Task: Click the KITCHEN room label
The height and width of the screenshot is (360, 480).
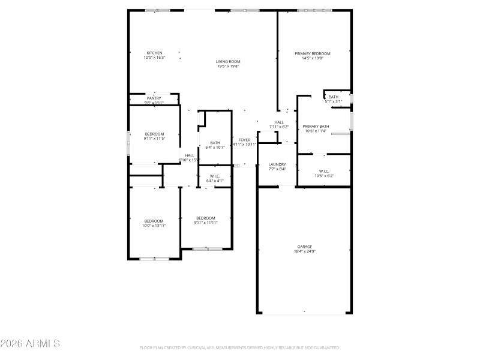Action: [154, 53]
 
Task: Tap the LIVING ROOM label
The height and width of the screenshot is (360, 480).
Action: [228, 61]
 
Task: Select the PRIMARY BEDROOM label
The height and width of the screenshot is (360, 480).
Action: [312, 53]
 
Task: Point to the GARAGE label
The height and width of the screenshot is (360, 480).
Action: [304, 247]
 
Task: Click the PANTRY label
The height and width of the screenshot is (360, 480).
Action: [154, 98]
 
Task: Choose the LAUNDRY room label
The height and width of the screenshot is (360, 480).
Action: [277, 164]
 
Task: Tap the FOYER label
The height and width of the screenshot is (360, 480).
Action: [244, 140]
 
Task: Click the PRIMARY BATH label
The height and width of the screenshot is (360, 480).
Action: [315, 126]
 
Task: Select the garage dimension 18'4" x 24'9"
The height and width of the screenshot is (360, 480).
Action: [304, 251]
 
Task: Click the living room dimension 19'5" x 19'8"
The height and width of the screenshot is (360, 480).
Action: [228, 66]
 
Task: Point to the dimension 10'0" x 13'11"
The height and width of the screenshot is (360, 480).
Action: [154, 226]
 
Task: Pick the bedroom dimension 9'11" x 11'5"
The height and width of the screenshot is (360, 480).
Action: [154, 139]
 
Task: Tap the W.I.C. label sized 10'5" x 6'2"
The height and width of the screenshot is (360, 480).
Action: [324, 171]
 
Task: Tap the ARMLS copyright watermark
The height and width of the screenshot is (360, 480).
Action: [30, 344]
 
